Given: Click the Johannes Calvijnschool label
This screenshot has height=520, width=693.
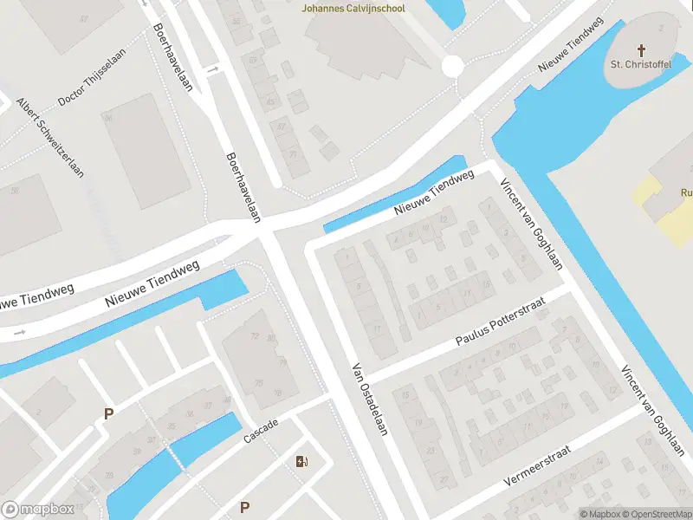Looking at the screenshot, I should pyautogui.click(x=353, y=9).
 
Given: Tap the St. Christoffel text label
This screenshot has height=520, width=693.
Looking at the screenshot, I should pyautogui.click(x=641, y=64).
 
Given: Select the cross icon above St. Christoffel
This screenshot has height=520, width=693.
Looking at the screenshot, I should pyautogui.click(x=642, y=50).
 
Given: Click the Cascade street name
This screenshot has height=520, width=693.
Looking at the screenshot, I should pyautogui.click(x=260, y=430).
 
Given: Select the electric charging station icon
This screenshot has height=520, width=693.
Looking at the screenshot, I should pyautogui.click(x=301, y=461).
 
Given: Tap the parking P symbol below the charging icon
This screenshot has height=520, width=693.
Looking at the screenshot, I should pyautogui.click(x=245, y=507).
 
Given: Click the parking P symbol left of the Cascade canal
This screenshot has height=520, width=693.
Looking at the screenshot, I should pyautogui.click(x=108, y=413).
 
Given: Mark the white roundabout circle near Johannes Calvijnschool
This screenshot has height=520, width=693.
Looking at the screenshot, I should pyautogui.click(x=451, y=66).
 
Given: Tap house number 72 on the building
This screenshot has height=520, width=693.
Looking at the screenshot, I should pyautogui.click(x=254, y=335).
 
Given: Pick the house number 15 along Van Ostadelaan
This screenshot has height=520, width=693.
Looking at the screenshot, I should pyautogui.click(x=405, y=395).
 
